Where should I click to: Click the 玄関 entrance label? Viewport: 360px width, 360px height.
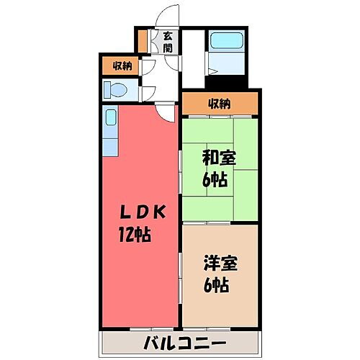pyautogui.click(x=167, y=42)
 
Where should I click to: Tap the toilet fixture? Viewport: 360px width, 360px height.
pyautogui.click(x=114, y=89)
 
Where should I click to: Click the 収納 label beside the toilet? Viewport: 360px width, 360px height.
pyautogui.click(x=122, y=66)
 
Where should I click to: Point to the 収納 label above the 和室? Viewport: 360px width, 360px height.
pyautogui.click(x=220, y=103)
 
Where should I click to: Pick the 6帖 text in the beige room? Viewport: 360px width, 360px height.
pyautogui.click(x=217, y=284)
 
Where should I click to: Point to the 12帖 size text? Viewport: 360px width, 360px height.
pyautogui.click(x=135, y=234)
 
